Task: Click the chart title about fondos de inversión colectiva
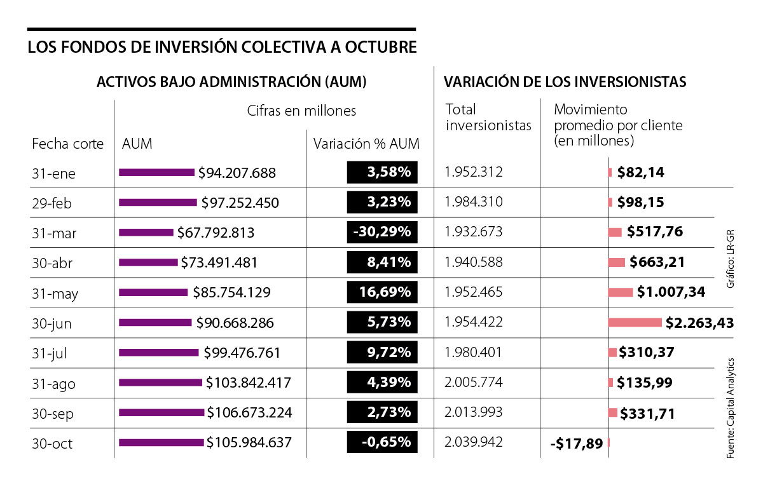[223, 48]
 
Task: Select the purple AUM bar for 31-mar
[146, 233]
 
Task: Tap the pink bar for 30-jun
[635, 322]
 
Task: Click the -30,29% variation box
[382, 232]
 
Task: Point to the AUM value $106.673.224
[249, 413]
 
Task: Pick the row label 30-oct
[52, 444]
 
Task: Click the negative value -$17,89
[576, 444]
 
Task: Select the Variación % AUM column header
[366, 144]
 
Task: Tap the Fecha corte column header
[67, 144]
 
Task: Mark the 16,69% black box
[382, 292]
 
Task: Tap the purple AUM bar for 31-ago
[161, 383]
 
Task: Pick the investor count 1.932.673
[474, 232]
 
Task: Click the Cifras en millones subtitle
[301, 111]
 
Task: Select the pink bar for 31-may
[621, 292]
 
